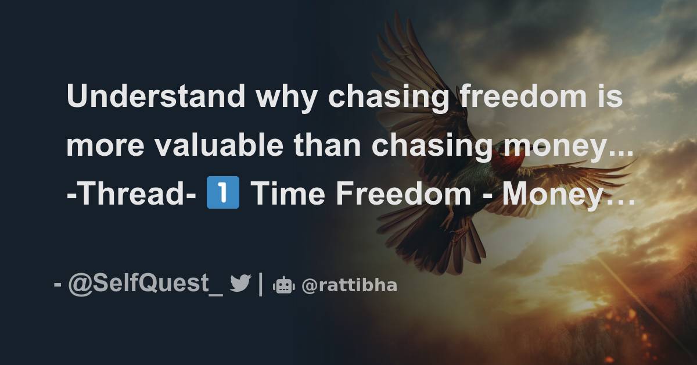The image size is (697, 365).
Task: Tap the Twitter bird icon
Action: point(240,284)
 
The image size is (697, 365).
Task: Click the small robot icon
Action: point(284,285)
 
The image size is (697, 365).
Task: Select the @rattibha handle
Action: point(350,285)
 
